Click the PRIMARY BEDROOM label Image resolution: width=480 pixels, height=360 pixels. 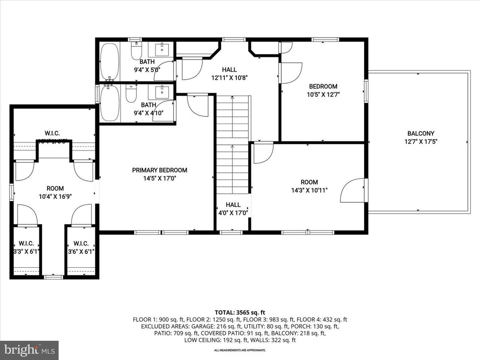[x=159, y=170]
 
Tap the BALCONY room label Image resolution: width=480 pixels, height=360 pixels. [x=420, y=133]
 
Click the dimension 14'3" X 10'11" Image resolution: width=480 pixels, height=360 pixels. [x=309, y=190]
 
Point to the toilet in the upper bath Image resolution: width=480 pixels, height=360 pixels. [x=136, y=52]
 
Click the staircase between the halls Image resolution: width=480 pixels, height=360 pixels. [x=232, y=143]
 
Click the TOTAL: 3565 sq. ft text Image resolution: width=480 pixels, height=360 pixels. [x=240, y=313]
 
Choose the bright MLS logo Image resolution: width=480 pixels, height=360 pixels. [x=29, y=350]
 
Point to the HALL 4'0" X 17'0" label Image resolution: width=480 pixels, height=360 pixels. [x=233, y=209]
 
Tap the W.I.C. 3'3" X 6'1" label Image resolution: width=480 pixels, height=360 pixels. [x=26, y=248]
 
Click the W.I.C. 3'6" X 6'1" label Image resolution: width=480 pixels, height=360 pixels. [x=81, y=248]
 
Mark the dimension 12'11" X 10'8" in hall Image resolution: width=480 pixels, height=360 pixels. [x=229, y=77]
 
